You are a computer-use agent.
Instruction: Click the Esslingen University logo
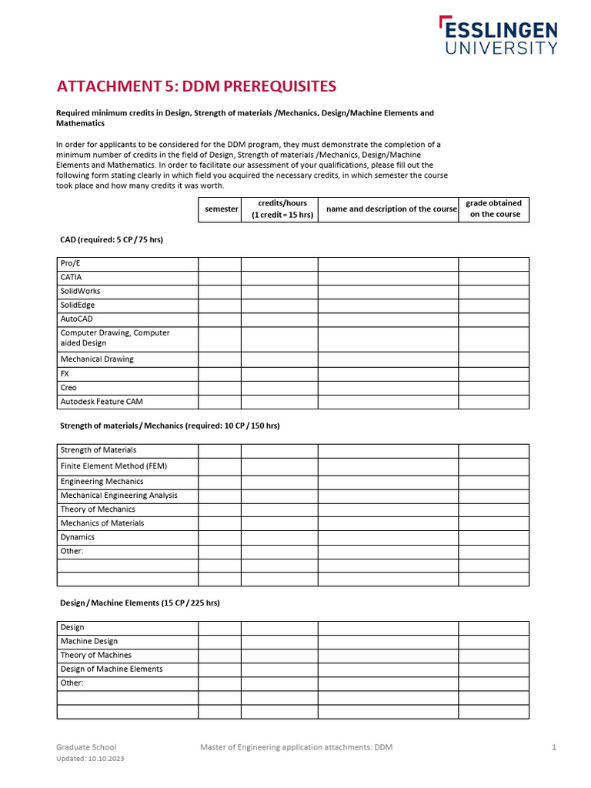pos(498,36)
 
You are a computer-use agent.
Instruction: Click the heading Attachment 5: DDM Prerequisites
pos(197,85)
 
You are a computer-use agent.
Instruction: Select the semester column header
pos(221,209)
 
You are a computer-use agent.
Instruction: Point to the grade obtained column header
pos(494,209)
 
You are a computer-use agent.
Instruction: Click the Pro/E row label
pos(70,264)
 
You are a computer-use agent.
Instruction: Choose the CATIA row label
pos(71,278)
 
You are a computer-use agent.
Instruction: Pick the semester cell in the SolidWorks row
pos(219,292)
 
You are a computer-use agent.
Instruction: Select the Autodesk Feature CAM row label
pos(102,402)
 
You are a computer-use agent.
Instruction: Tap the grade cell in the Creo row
pos(494,388)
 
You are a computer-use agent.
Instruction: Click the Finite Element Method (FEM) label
pos(113,466)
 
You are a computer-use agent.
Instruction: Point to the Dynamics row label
pos(78,537)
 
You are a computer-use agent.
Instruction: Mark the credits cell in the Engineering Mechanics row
pos(279,482)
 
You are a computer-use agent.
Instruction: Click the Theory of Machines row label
pos(96,656)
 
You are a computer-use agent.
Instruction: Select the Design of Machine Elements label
pos(112,669)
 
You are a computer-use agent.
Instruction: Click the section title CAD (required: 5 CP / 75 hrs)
pos(112,240)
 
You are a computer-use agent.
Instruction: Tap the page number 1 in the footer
pos(553,747)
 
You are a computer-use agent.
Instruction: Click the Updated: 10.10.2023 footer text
pos(90,759)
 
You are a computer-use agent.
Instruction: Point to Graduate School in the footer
pos(86,747)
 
